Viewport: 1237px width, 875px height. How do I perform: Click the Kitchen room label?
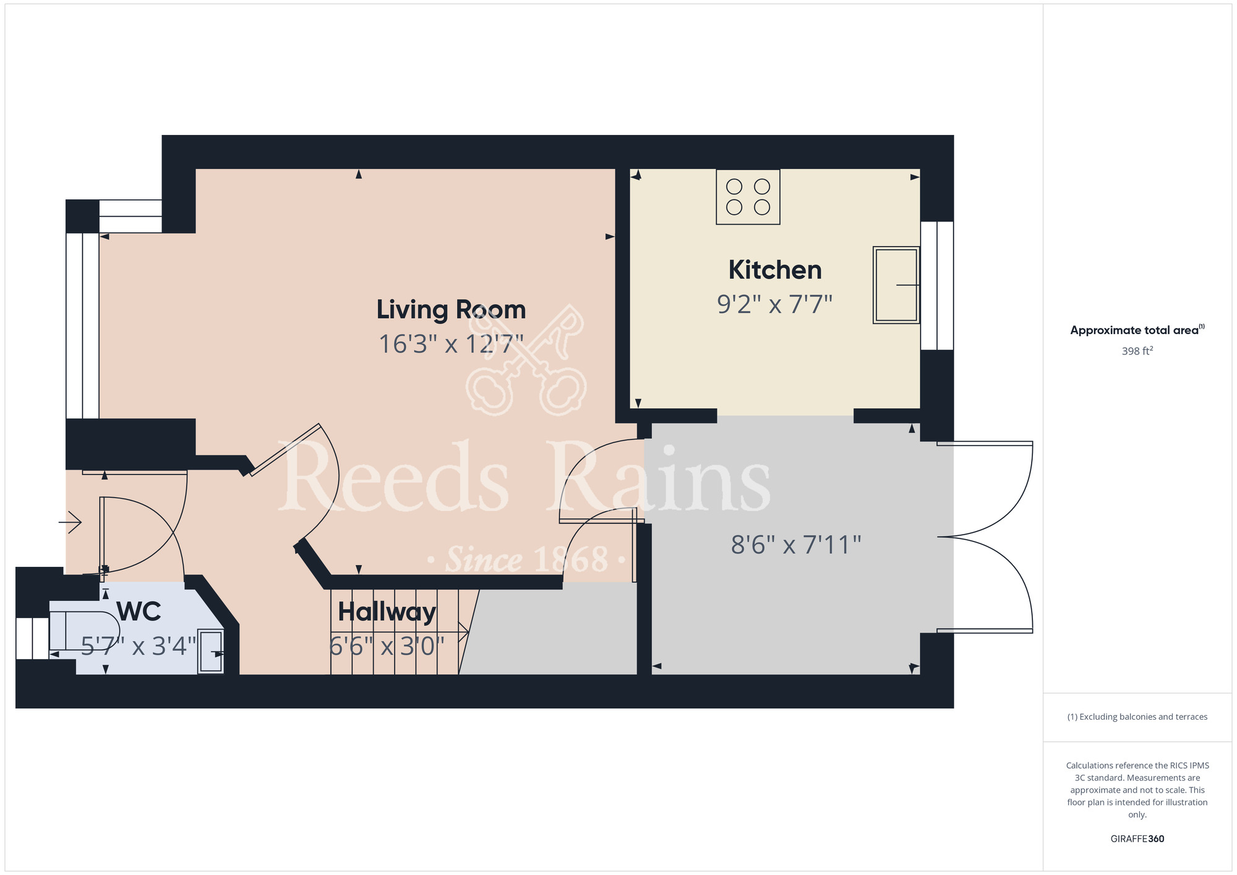pos(775,270)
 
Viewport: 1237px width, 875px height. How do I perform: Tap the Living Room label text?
pos(451,309)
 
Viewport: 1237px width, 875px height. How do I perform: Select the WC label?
pos(139,611)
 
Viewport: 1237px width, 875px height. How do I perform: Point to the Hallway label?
pos(387,612)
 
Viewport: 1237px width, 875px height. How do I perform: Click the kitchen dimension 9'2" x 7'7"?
pos(774,304)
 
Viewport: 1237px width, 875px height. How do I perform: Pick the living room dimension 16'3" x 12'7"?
pos(451,344)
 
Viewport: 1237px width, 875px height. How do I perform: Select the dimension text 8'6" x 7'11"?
pos(796,545)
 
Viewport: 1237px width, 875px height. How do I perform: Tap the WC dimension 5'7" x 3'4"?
pos(139,646)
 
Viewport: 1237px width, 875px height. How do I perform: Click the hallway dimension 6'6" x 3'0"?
pos(387,647)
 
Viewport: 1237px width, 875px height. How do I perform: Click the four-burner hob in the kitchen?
pos(748,197)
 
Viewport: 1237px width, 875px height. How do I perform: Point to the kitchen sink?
pos(896,285)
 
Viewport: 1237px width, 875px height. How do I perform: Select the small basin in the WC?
pos(210,652)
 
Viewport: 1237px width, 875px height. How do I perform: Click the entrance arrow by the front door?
pos(71,523)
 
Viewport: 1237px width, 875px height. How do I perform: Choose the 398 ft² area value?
pos(1137,351)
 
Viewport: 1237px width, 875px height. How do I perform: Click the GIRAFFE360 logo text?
pos(1137,838)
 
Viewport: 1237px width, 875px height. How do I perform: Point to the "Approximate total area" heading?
pos(1137,330)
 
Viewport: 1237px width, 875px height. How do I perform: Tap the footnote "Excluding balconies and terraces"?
pos(1137,717)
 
